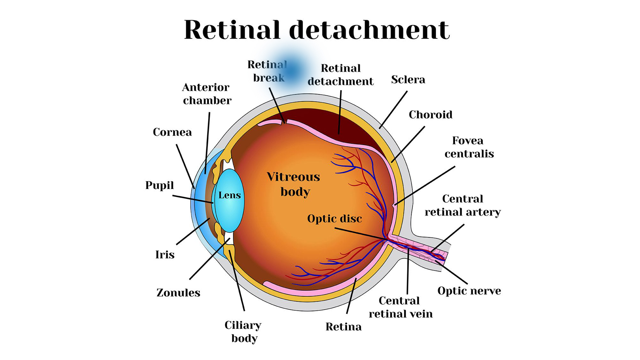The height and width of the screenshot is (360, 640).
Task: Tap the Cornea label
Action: coord(172,132)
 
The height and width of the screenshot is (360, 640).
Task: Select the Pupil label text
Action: coord(159,185)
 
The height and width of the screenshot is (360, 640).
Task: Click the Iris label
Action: coord(165,255)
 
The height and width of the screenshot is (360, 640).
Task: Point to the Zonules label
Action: coord(178,293)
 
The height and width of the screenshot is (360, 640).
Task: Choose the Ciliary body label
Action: coord(243,332)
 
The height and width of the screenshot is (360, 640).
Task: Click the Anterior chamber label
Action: coord(207,94)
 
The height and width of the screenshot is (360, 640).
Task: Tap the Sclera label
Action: coord(408,80)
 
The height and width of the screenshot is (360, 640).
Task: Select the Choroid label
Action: coord(430,115)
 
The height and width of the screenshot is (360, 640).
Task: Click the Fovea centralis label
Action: coord(469,147)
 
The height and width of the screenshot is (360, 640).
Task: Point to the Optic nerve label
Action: coord(469,291)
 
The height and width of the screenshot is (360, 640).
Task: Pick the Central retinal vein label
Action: coord(400,307)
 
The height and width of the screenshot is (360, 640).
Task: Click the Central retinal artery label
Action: coord(463,205)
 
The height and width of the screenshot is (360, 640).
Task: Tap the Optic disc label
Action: coord(334,219)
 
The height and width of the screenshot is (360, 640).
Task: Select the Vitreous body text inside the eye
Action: coord(293,184)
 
